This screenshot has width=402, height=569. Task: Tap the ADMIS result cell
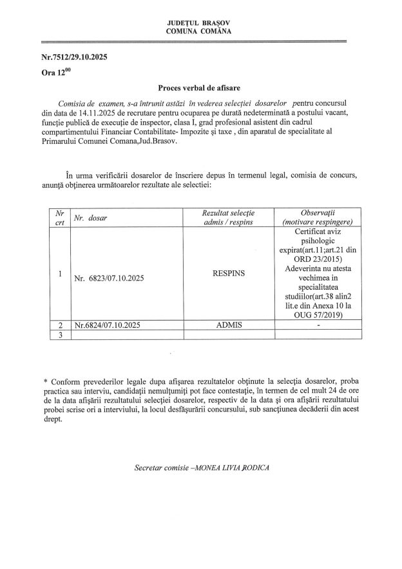click(x=229, y=325)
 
